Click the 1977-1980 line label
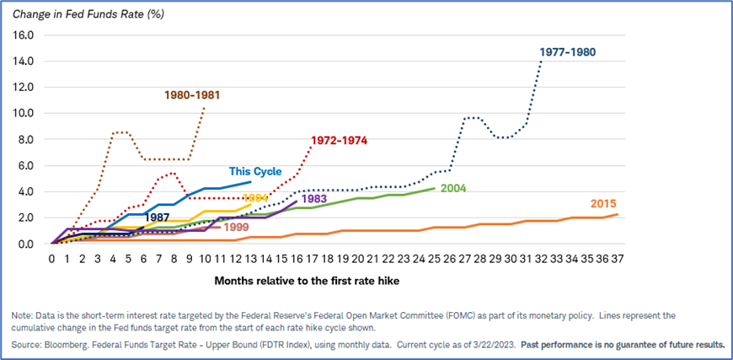point(569,52)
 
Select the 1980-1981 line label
point(192,95)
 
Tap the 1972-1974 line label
point(340,140)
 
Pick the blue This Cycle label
point(255,171)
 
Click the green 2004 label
point(452,188)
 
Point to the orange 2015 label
point(603,204)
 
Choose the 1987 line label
point(158,217)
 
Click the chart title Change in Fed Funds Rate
point(88,13)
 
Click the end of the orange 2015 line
point(618,214)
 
